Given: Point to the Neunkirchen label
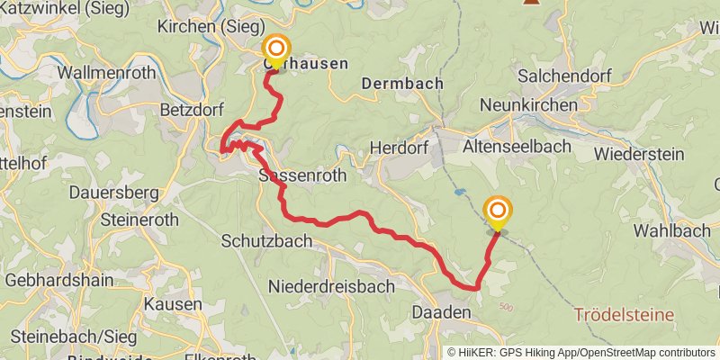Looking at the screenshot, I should tap(528, 105).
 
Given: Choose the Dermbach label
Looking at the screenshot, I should tap(402, 83).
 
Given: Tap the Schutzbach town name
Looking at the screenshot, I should tap(267, 241).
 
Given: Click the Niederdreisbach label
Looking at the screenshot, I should tap(331, 286).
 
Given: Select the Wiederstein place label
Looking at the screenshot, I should tap(640, 154).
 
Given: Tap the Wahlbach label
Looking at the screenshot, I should tap(673, 230).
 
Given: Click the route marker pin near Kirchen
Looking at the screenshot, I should tap(276, 49).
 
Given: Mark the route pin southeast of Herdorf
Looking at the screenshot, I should tap(497, 212).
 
